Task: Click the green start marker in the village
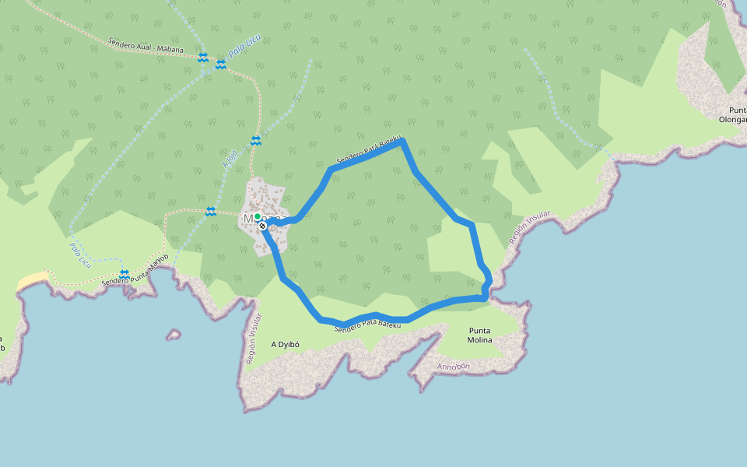(x=257, y=216)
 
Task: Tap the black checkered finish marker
(x=263, y=226)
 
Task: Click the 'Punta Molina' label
(x=479, y=335)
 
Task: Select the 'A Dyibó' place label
(x=286, y=344)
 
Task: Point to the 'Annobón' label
(x=454, y=366)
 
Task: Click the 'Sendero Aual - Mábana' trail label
(x=146, y=45)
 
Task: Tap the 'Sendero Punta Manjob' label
(x=135, y=269)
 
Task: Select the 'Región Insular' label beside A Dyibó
(x=254, y=339)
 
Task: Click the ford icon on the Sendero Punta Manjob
(x=124, y=274)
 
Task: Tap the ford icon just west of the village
(x=211, y=212)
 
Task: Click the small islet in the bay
(x=173, y=335)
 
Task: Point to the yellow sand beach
(x=32, y=280)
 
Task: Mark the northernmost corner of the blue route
(x=402, y=141)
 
